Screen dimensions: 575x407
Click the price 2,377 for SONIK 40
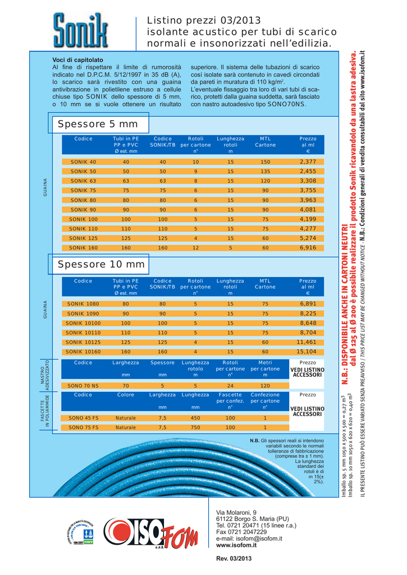point(308,162)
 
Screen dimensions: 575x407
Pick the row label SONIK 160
point(83,248)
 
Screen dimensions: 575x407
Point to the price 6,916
point(308,248)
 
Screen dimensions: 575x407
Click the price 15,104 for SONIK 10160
point(308,352)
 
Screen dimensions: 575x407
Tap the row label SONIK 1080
point(83,304)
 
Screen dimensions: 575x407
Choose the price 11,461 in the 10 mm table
point(307,342)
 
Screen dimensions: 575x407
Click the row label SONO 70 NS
point(83,386)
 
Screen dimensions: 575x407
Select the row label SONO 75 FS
point(83,427)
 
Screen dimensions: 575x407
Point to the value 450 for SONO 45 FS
point(195,418)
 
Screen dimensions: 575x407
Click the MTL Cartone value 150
point(265,162)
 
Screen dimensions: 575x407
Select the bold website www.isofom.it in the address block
point(236,545)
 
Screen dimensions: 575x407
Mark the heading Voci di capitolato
point(77,60)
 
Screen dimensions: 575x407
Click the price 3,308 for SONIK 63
point(308,181)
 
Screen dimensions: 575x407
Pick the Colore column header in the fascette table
point(125,395)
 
